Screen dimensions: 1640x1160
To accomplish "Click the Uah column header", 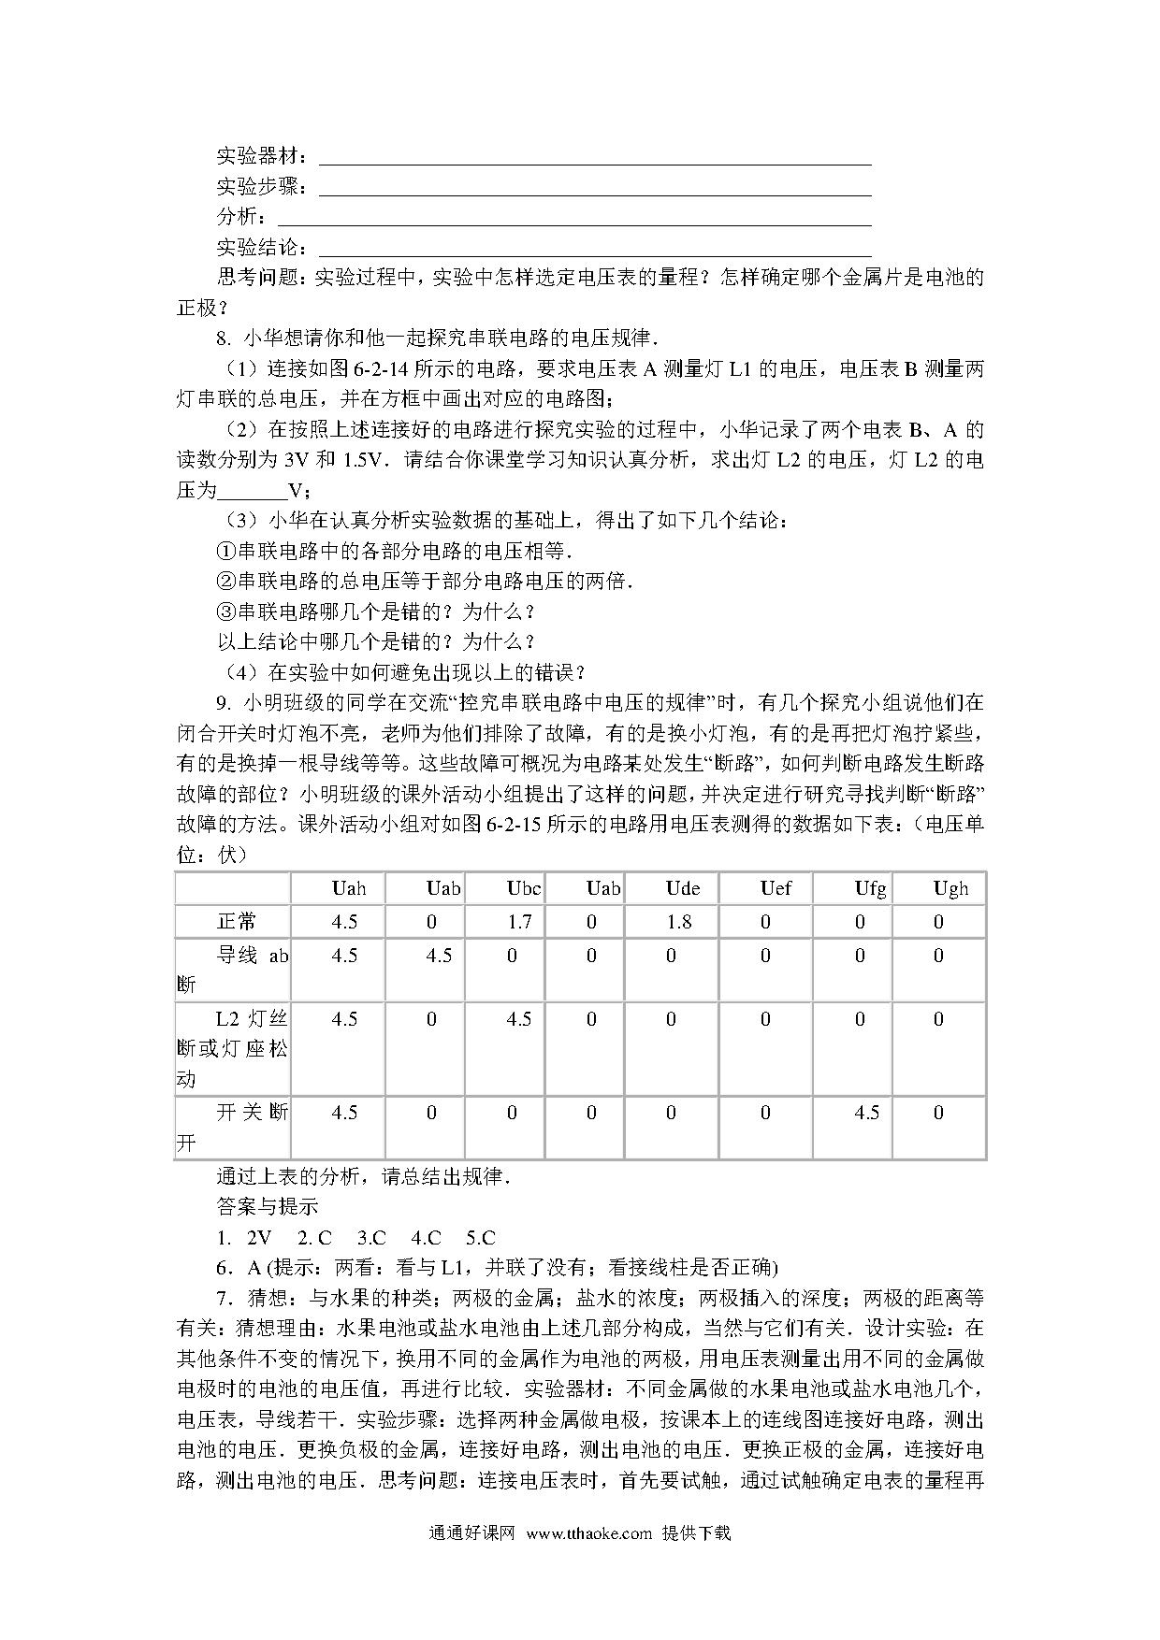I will pos(349,888).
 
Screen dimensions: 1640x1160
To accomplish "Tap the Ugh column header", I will pos(950,888).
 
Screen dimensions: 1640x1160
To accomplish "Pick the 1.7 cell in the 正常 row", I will pos(519,922).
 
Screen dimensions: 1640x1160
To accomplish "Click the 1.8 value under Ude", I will pos(679,922).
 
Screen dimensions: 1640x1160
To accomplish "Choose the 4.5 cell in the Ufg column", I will pos(866,1113).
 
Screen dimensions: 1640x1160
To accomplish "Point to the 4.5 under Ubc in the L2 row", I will pos(519,1019).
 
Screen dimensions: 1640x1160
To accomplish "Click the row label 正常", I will pos(237,922).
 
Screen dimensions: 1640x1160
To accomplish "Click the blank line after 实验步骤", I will pos(595,194).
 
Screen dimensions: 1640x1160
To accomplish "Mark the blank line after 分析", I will pos(575,223).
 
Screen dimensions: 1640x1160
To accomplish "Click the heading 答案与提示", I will pos(267,1207).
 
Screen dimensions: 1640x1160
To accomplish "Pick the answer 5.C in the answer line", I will pos(480,1238).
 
